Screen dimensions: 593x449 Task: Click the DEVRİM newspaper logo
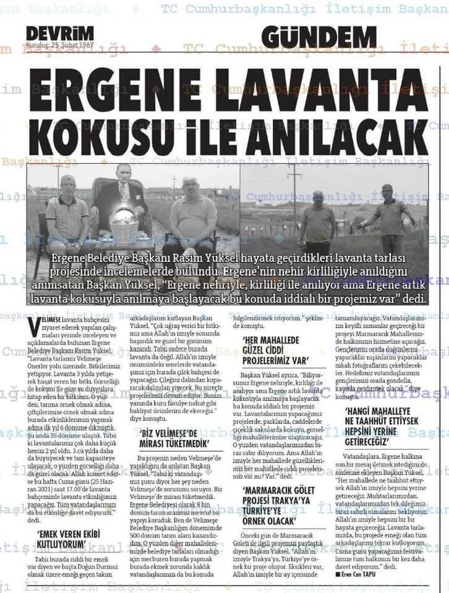(60, 33)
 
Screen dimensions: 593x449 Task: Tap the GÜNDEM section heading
(319, 37)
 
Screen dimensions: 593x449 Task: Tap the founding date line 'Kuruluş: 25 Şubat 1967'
(59, 45)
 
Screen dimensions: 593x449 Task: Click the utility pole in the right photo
(294, 198)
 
